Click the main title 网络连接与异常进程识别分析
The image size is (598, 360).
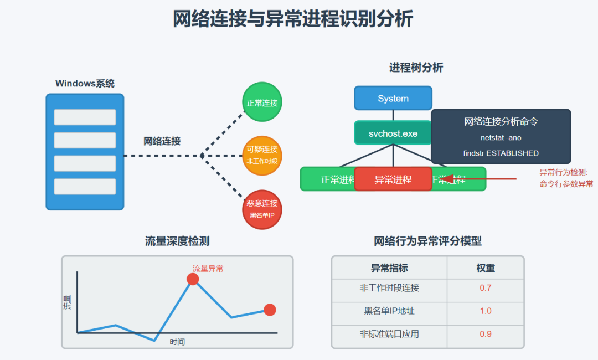point(293,19)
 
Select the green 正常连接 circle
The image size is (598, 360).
point(262,102)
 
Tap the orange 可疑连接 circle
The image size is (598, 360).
point(262,155)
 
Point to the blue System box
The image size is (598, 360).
point(393,99)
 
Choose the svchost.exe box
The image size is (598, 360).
point(393,133)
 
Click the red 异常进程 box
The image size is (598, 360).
point(393,179)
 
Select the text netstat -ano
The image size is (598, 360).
point(501,138)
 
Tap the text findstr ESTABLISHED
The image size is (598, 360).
point(501,153)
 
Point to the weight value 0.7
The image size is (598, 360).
point(485,288)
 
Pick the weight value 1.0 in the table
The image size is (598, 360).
point(485,311)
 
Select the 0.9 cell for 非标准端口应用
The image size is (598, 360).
point(485,334)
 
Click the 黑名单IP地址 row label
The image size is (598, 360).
point(389,311)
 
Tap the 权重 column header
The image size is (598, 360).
point(485,268)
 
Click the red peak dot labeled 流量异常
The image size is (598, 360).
point(193,279)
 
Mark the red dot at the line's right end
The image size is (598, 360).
point(270,310)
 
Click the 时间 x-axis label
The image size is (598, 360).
point(177,342)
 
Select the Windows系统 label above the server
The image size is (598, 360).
point(85,84)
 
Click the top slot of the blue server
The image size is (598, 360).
point(85,117)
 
